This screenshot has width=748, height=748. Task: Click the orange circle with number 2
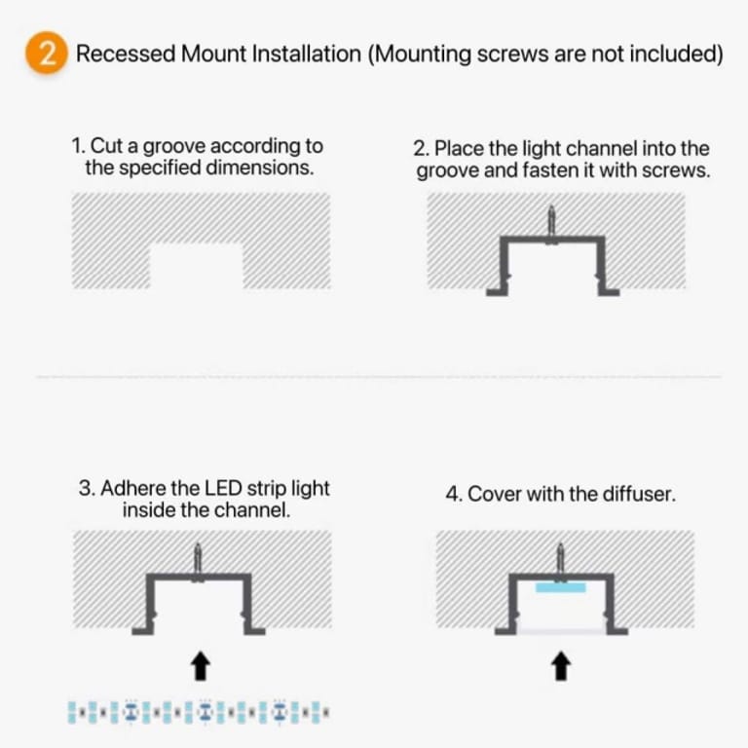45,54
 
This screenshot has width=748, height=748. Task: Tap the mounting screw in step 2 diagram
551,222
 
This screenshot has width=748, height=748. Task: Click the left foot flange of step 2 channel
498,288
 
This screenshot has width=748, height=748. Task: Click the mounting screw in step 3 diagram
199,560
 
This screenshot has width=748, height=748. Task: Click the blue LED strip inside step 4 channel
560,587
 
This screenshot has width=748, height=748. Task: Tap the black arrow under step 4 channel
561,666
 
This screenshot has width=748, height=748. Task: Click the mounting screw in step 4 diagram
560,560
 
